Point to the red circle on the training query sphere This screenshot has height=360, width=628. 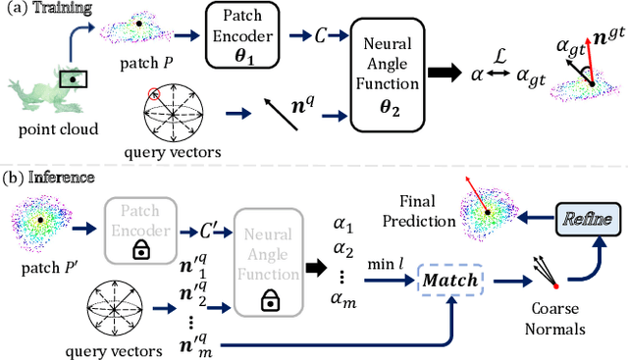154,94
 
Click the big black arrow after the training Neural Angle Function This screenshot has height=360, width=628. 446,73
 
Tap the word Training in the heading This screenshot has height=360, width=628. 64,8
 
